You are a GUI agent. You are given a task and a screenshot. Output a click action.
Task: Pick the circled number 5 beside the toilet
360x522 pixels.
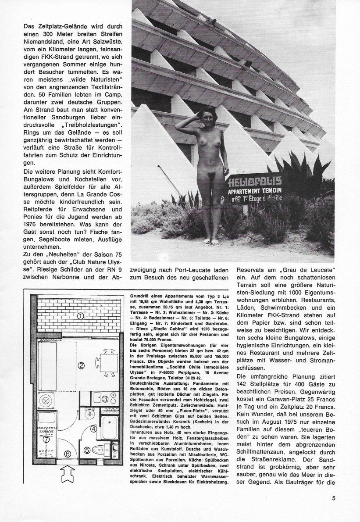(87, 449)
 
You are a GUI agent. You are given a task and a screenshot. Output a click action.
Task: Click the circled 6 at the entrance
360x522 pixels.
(68, 454)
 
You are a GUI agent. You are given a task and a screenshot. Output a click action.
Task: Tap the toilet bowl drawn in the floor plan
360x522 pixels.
(103, 447)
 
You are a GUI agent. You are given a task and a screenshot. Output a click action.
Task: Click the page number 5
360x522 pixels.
(334, 498)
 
